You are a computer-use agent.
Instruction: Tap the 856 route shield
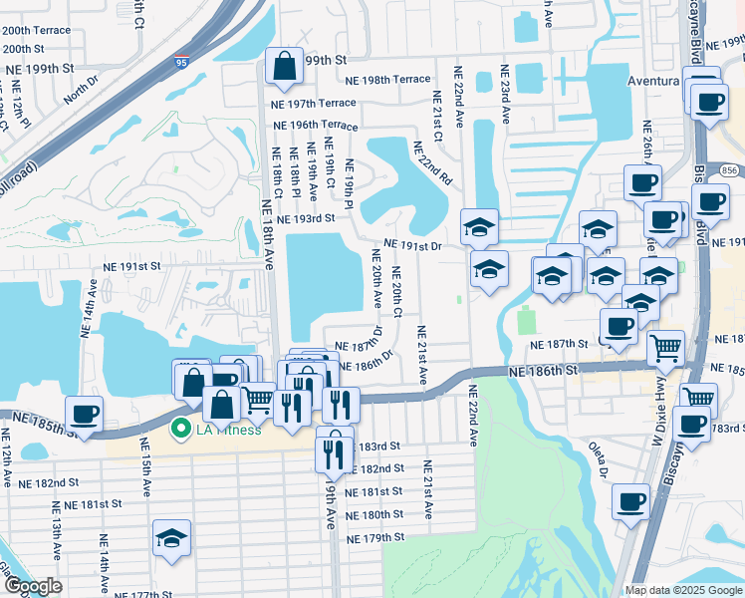(x=730, y=169)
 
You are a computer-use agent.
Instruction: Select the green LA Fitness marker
(x=180, y=430)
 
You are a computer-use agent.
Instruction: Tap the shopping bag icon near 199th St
(x=284, y=66)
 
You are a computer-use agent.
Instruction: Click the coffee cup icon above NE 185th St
(x=84, y=413)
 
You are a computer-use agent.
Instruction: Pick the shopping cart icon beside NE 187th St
(x=665, y=348)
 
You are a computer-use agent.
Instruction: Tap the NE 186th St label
(x=542, y=370)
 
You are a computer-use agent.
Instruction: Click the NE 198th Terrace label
(x=387, y=79)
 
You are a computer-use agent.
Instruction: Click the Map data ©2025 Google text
(x=683, y=590)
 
